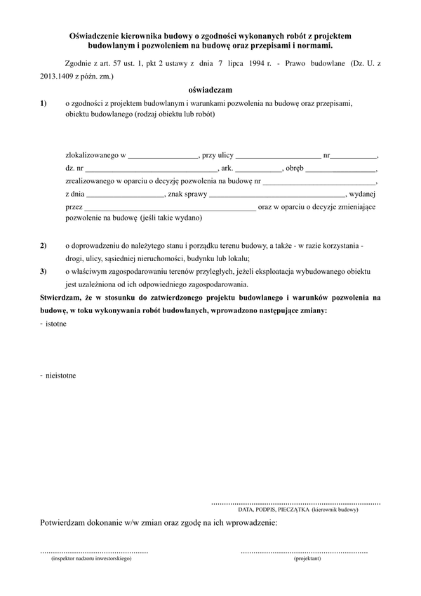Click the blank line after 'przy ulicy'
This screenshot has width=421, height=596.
tap(279, 155)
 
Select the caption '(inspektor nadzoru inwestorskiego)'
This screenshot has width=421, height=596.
tap(87, 559)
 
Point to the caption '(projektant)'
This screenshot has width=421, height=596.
tap(307, 559)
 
